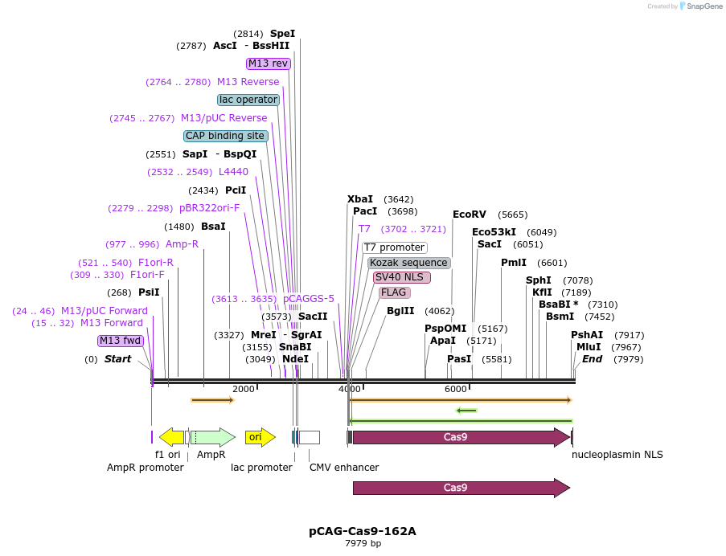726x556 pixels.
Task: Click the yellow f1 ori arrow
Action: tap(171, 437)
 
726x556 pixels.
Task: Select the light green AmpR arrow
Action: tap(213, 437)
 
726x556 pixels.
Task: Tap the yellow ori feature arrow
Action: tap(260, 437)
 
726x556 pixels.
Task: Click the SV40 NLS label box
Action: tap(401, 277)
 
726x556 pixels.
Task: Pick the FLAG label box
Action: tap(394, 292)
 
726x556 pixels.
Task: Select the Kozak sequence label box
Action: tap(408, 263)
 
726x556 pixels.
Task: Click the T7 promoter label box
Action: tap(394, 247)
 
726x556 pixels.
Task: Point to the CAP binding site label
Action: tap(225, 136)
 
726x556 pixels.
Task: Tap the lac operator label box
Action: tap(248, 100)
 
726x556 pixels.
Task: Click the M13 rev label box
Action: tap(268, 63)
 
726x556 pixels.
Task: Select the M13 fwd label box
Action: tap(121, 341)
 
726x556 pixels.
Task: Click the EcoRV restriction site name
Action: tap(469, 215)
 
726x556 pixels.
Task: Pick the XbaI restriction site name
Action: tap(360, 199)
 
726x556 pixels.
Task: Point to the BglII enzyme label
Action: tap(400, 311)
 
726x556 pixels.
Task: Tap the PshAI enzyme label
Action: tap(587, 335)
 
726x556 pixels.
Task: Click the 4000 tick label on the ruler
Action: tap(350, 389)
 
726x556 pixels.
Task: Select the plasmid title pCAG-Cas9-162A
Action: tap(363, 531)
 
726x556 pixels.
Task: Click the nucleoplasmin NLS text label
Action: tap(617, 455)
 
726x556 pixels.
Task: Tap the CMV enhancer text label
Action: tap(344, 468)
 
